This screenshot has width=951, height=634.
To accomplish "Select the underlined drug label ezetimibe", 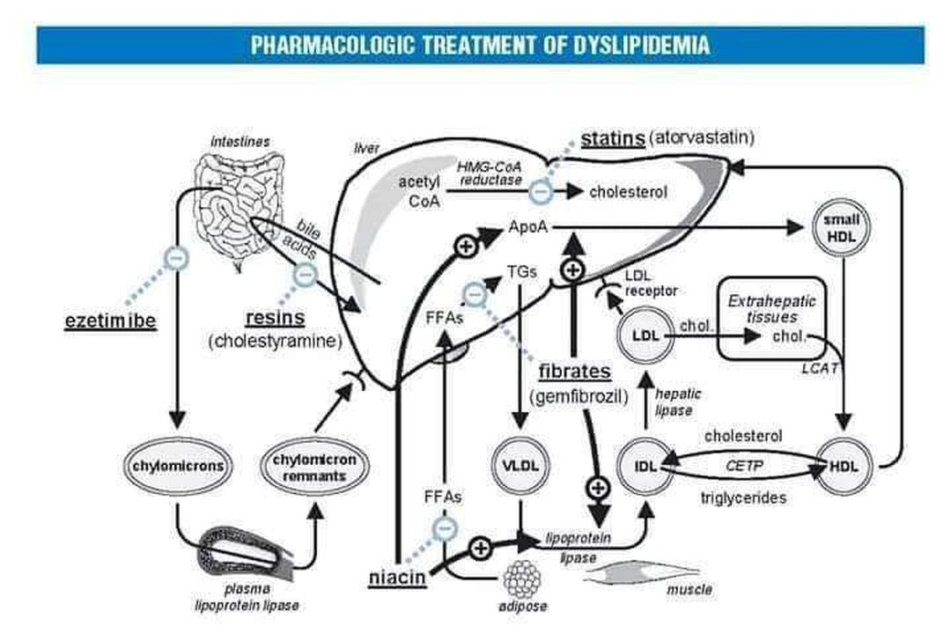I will click(110, 321).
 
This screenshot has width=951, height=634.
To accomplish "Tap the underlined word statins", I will click(612, 139).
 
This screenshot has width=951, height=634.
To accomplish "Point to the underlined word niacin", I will click(397, 577).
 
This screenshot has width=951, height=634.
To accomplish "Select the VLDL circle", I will click(520, 464).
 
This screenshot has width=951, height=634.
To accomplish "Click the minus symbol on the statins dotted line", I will click(542, 188).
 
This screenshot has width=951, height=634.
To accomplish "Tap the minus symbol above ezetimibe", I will click(176, 258).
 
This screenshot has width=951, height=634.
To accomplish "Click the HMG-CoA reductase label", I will click(490, 173).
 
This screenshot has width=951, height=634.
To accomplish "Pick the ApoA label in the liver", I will click(528, 228).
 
